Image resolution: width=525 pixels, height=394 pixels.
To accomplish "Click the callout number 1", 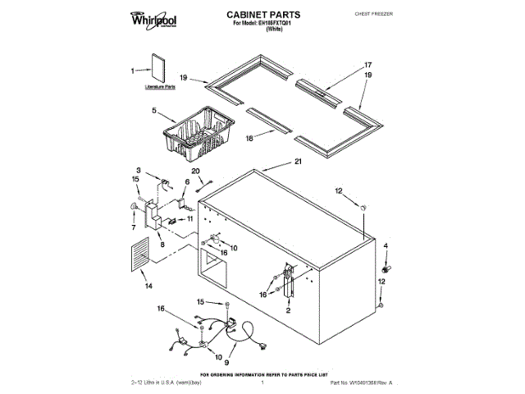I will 133,71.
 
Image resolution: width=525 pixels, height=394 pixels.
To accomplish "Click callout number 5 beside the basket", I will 153,108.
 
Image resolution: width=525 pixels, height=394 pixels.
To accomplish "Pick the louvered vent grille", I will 140,254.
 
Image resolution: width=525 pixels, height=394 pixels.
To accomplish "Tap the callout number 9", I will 226,361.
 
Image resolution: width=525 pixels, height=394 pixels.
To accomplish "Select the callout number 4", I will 386,245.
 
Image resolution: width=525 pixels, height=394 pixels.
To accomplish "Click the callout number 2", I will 288,310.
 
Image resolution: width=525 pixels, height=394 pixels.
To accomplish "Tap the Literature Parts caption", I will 159,85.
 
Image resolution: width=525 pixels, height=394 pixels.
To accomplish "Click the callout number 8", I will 162,244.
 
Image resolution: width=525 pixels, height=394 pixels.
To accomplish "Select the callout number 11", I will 190,220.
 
